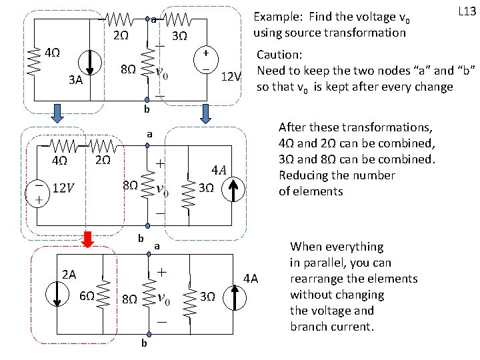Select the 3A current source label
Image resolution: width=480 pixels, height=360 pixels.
point(75,81)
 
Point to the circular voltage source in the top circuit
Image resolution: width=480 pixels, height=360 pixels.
point(207,60)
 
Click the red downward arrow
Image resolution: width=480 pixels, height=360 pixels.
point(87,237)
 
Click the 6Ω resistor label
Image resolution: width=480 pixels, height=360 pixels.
point(87,297)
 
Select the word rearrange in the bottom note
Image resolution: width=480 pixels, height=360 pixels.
point(317,279)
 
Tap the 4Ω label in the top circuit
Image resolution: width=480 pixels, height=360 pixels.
point(51,53)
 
